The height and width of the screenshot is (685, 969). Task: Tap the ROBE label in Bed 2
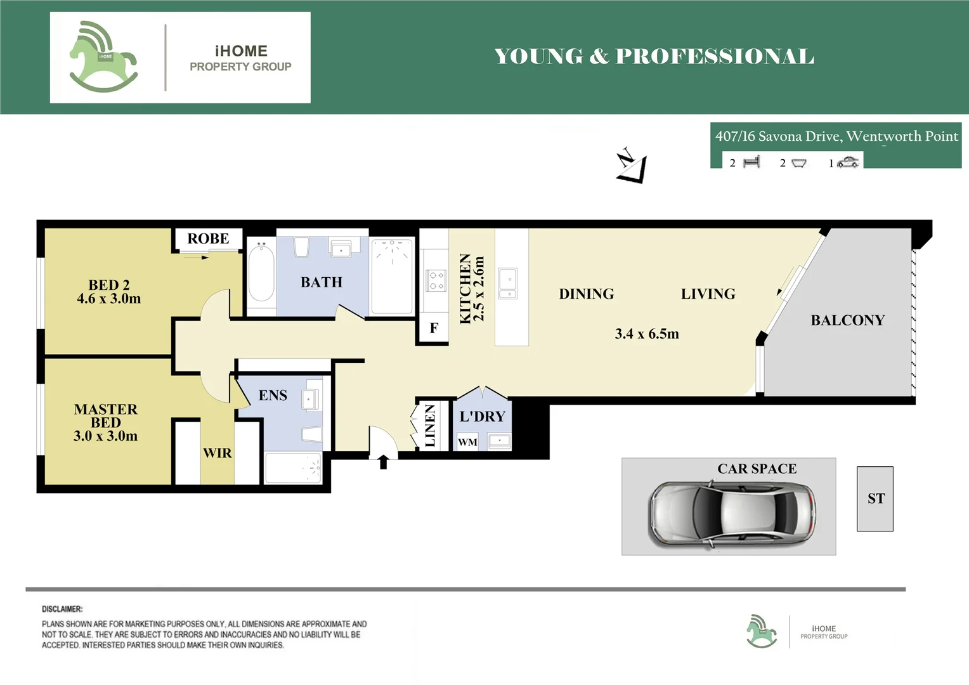click(x=208, y=238)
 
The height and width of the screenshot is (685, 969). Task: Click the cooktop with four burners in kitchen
click(x=436, y=280)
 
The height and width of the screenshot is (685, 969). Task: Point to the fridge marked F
click(x=434, y=328)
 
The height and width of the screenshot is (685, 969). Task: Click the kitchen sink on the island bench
click(x=508, y=283)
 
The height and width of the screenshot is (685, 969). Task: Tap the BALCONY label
click(x=847, y=320)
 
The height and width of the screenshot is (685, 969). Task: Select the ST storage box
click(x=875, y=499)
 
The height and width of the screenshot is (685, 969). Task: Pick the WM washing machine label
click(x=467, y=442)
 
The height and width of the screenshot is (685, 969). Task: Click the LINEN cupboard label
click(x=430, y=426)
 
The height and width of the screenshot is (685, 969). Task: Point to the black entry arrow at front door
click(x=383, y=462)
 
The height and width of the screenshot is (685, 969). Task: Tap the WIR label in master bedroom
click(x=218, y=453)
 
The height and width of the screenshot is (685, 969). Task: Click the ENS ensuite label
click(x=273, y=395)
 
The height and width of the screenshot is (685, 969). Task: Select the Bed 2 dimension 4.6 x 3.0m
click(x=109, y=299)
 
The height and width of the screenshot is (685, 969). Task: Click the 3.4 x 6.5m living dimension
click(x=646, y=334)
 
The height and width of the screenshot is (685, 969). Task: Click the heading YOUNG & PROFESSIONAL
click(x=654, y=56)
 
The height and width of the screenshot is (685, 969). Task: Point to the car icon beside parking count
click(x=848, y=163)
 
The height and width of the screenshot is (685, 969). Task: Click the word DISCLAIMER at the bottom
click(x=62, y=609)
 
